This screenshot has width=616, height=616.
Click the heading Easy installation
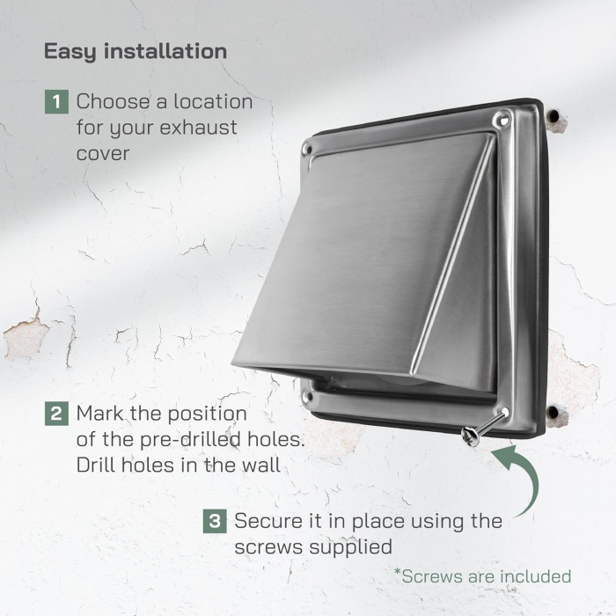[x=135, y=50]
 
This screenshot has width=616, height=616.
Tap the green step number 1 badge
[x=55, y=101]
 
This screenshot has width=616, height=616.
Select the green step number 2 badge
[x=55, y=413]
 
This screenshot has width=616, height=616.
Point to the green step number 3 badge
[x=214, y=521]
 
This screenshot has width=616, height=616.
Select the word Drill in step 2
[x=98, y=466]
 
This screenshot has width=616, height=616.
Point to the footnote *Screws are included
[x=482, y=576]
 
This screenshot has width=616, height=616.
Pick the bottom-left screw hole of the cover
[x=307, y=397]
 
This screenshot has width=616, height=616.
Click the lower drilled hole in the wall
[x=554, y=412]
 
